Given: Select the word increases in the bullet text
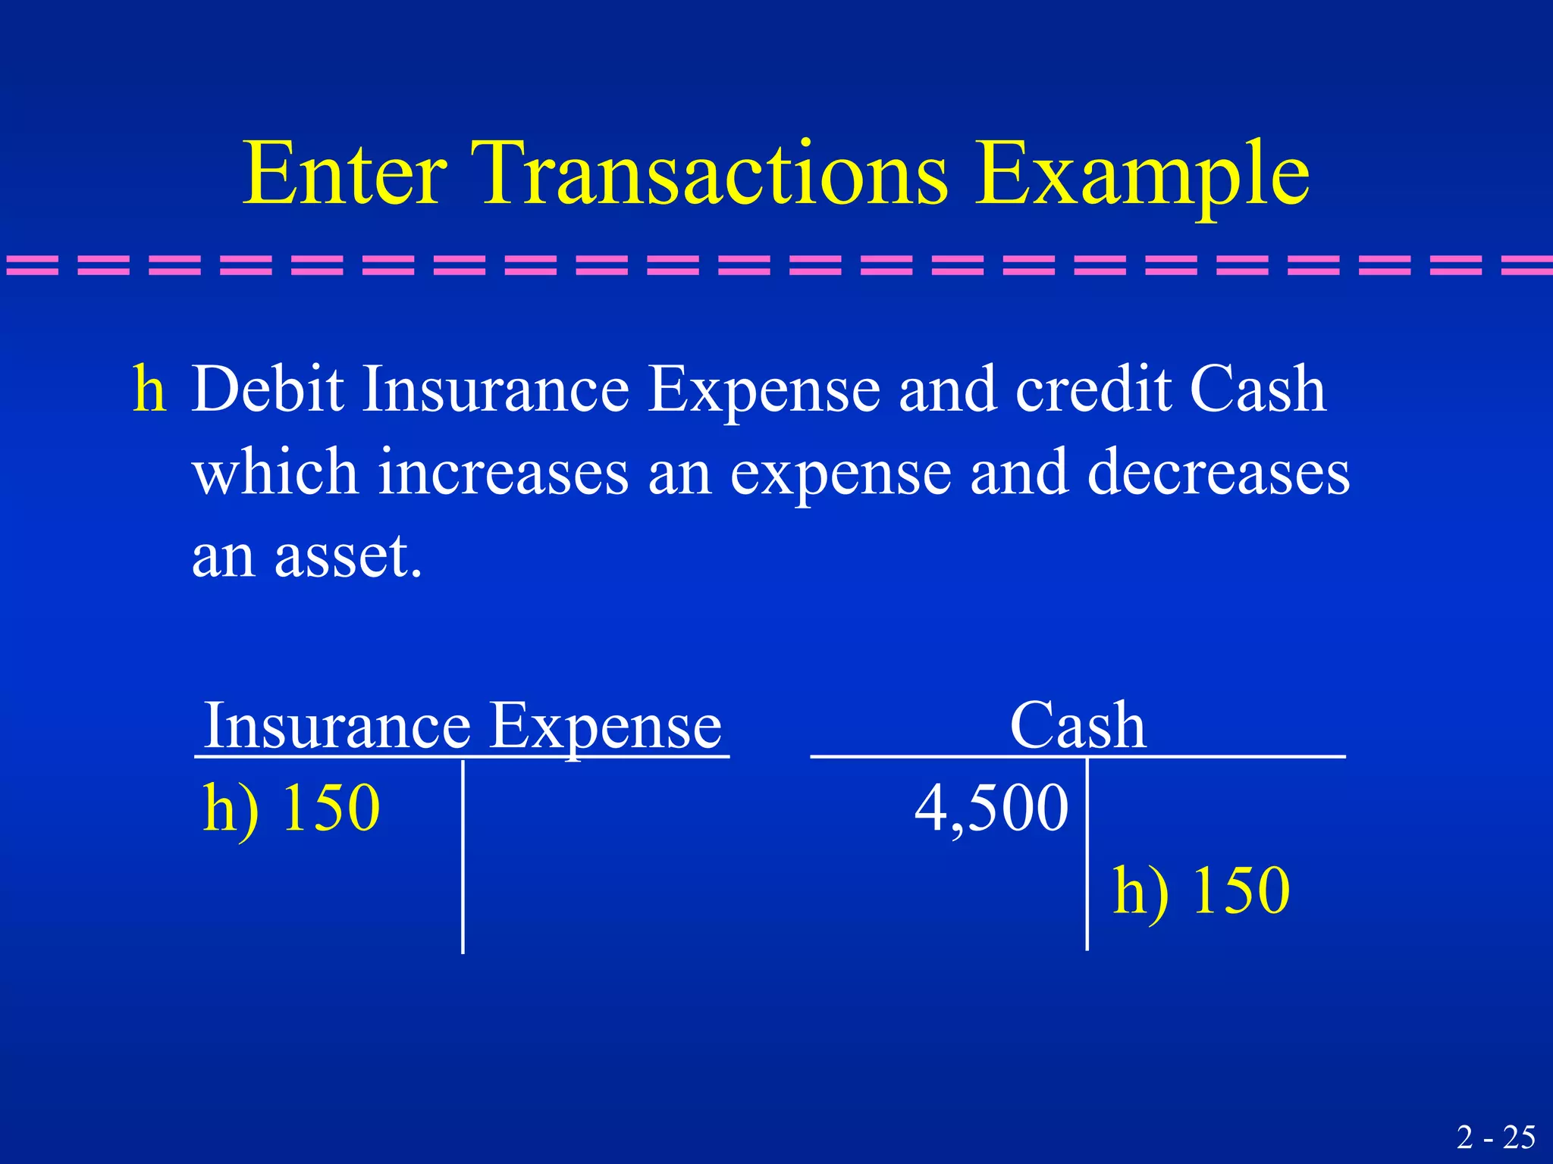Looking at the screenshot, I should pos(504,471).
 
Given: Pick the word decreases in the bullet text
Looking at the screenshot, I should pos(1218,471).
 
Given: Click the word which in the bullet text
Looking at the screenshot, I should pos(275,471).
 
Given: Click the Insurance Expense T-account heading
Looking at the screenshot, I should pos(463,726).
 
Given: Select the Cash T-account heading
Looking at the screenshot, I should pos(1077,726).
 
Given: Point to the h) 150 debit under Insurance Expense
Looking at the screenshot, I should pos(291,808).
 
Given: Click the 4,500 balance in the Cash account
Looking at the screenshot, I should pos(991,808).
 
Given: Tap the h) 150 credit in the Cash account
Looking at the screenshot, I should pos(1200,890).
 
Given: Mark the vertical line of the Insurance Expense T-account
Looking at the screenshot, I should pos(463,856).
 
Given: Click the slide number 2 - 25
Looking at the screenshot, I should pos(1495,1137).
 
